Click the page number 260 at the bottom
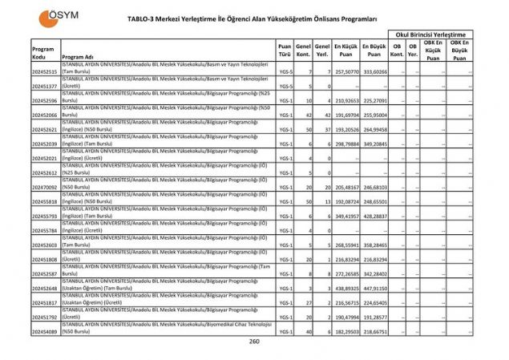coord(254,342)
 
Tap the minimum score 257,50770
coord(345,71)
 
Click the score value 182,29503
coord(345,330)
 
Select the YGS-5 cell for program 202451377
coord(284,86)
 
